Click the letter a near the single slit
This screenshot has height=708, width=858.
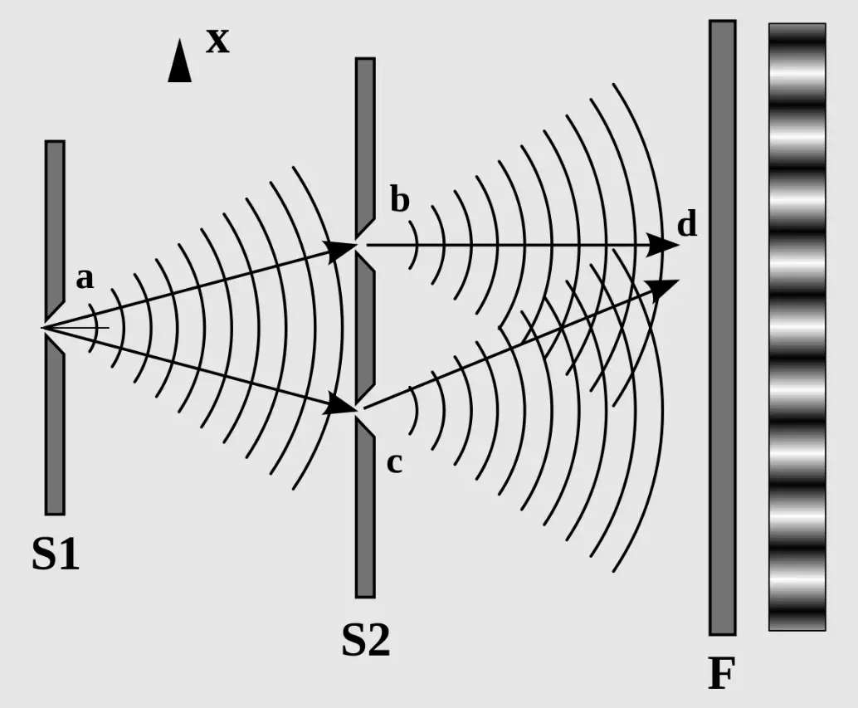(x=85, y=279)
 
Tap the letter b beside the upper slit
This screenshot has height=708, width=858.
(x=400, y=201)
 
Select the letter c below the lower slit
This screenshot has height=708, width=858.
(x=394, y=463)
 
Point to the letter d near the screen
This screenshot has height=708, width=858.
(x=687, y=225)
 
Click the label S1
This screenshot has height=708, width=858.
(x=56, y=554)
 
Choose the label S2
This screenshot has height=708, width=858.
(x=365, y=640)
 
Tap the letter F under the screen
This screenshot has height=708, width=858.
(x=721, y=674)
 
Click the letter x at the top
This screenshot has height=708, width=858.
(x=217, y=40)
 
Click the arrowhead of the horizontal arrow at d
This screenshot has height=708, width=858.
(x=664, y=245)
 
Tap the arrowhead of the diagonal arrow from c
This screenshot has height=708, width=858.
(x=664, y=287)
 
